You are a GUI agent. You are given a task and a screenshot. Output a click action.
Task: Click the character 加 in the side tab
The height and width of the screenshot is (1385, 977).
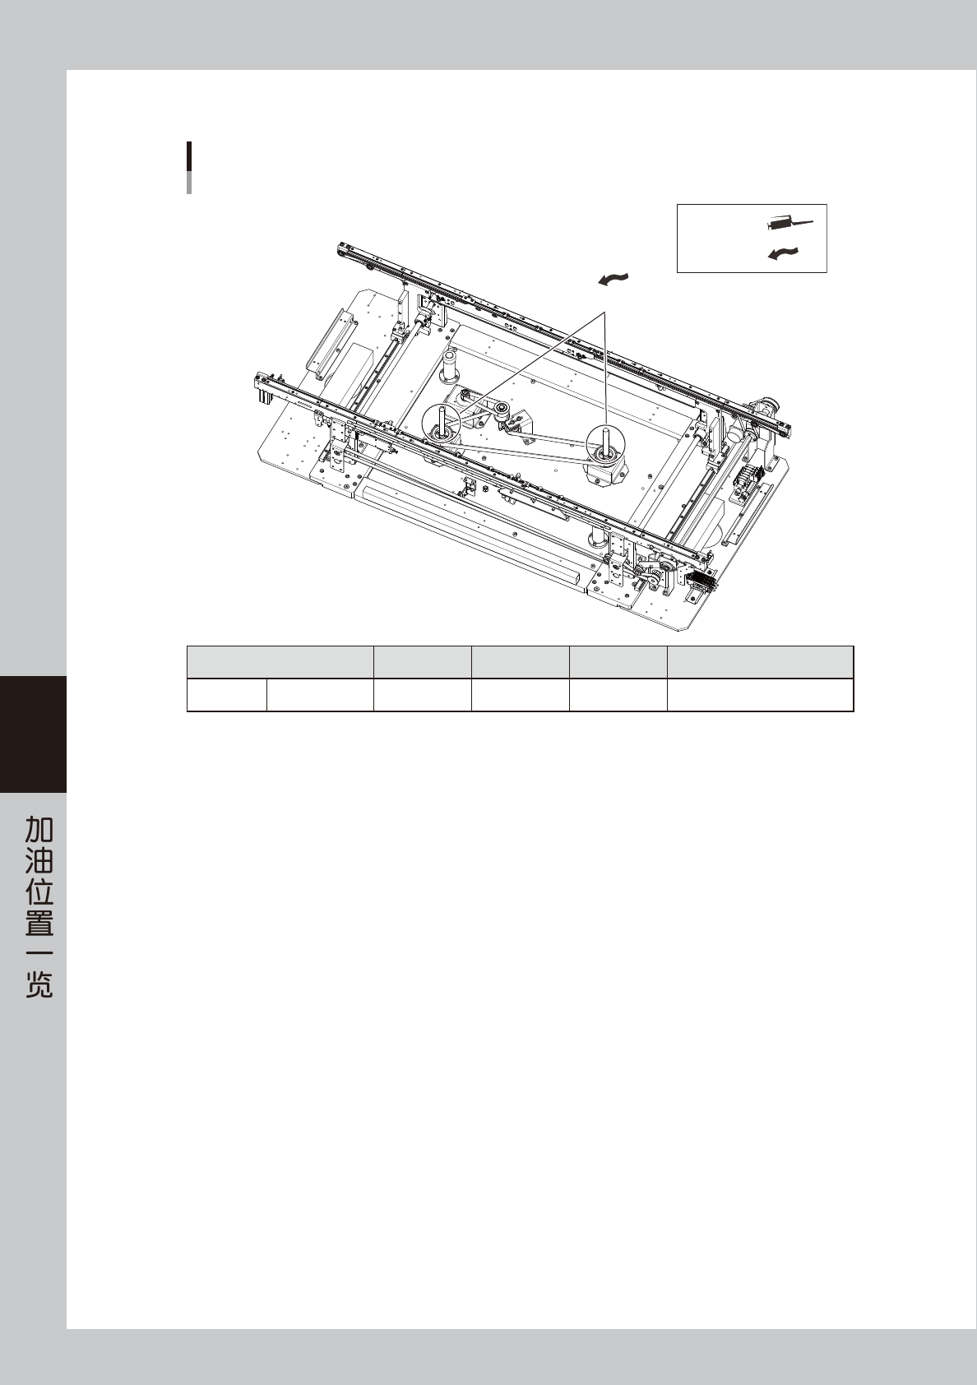coord(39,829)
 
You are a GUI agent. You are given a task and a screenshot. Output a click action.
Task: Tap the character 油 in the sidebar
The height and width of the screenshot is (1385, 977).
coord(39,860)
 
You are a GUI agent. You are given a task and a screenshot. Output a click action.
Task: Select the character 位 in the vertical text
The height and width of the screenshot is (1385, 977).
coord(39,891)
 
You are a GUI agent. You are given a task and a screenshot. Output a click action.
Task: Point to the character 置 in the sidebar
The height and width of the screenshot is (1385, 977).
coord(39,922)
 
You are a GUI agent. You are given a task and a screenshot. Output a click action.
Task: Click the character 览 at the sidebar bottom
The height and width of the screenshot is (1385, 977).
coord(39,984)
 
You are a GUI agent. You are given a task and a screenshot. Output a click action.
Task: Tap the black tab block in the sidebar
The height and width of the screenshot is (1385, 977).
coord(34,734)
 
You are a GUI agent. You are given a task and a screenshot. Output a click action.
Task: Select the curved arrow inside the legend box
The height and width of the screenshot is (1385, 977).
coord(783,252)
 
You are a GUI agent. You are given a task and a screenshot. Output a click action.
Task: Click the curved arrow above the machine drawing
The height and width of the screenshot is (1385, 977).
coord(614,280)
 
